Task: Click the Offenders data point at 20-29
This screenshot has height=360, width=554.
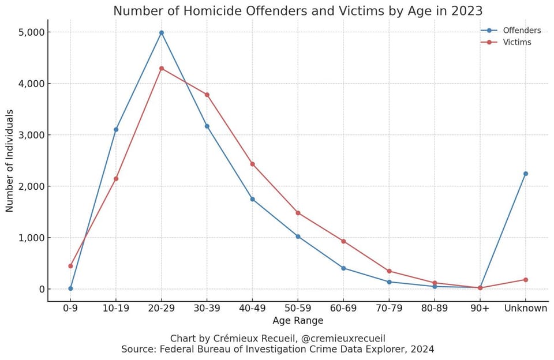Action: [162, 33]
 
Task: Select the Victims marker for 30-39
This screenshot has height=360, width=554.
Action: [207, 95]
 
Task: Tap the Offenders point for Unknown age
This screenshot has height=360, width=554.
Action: [525, 174]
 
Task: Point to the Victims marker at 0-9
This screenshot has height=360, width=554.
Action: [70, 266]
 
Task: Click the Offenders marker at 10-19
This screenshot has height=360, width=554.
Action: [116, 130]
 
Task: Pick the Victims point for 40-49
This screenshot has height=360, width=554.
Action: [252, 164]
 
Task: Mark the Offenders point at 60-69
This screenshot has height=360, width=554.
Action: [343, 268]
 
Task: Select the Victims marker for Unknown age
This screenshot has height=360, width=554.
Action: [525, 280]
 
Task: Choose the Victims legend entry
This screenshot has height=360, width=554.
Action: [517, 42]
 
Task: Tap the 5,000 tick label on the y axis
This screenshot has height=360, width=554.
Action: [29, 32]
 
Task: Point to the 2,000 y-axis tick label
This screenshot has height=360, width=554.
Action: [29, 186]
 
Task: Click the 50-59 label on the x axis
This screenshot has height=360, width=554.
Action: [298, 308]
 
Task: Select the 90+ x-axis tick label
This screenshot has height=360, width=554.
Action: [480, 308]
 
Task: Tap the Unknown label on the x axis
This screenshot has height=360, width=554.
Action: [525, 308]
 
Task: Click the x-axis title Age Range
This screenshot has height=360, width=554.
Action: [298, 321]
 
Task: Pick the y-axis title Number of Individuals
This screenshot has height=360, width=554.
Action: [10, 161]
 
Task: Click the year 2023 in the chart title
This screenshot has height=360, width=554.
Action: [467, 11]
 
